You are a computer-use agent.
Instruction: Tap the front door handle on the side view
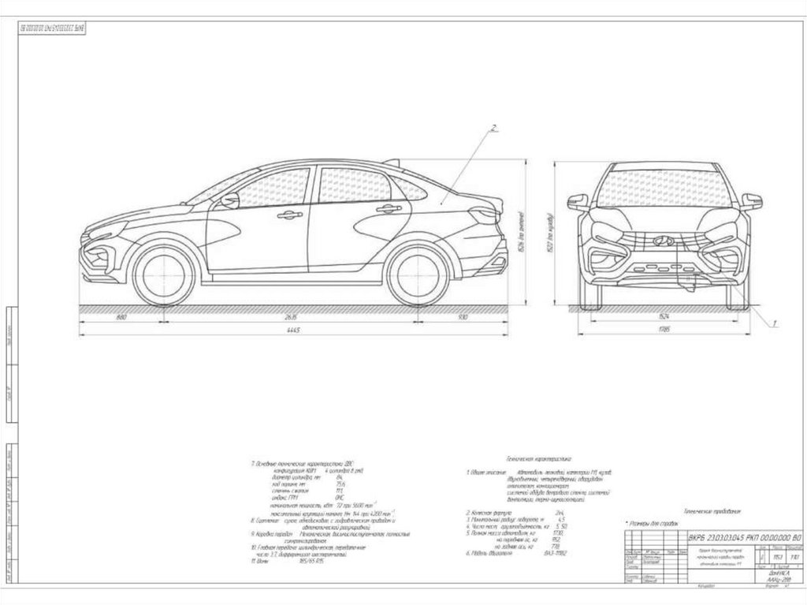(289, 215)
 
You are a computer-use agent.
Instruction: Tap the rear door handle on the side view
(388, 209)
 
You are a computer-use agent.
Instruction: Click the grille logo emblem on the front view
(664, 241)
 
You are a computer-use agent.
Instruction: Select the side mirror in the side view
(229, 201)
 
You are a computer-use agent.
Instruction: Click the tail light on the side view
(483, 213)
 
